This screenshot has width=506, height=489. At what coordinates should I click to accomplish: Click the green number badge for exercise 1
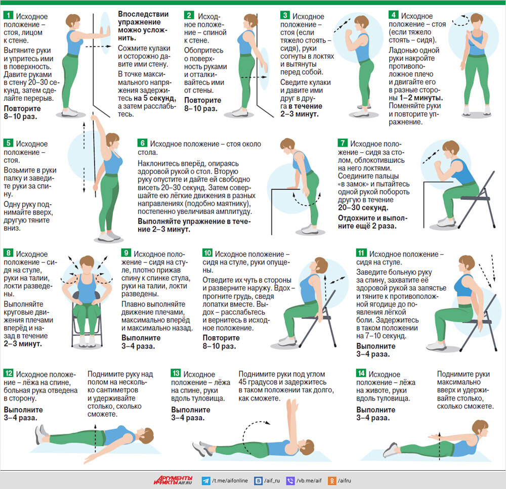8,15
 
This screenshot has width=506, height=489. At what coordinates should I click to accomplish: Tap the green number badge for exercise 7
343,143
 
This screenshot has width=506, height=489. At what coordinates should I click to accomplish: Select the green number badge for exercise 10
207,253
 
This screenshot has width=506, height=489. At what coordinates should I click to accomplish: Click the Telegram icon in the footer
205,480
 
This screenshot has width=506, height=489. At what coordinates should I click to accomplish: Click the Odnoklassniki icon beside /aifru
332,480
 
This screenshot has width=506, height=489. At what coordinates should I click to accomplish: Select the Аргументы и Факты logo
173,480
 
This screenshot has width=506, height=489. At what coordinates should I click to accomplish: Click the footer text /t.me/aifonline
230,480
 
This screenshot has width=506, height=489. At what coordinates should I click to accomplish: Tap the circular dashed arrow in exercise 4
460,20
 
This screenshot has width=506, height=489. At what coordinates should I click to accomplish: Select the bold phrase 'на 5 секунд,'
155,98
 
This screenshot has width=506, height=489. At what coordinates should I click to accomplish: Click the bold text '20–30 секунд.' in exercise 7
363,207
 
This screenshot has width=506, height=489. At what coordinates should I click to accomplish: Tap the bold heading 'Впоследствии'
143,14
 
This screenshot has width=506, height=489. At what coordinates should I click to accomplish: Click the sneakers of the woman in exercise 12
41,434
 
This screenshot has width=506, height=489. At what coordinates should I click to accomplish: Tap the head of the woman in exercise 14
480,428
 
